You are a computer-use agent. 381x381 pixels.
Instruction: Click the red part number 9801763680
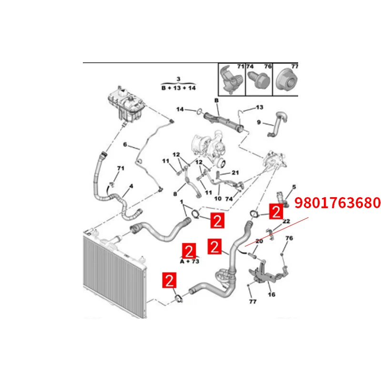point(338,203)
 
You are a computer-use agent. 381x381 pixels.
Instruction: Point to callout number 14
point(180,110)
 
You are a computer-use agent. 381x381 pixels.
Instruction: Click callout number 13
point(260,107)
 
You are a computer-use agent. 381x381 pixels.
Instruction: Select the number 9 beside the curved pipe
point(259,122)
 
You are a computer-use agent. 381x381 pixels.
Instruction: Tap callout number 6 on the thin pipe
point(125,144)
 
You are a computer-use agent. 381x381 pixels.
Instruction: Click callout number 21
point(235,172)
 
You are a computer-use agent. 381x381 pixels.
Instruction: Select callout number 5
point(294,187)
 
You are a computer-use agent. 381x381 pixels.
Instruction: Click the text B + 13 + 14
point(179,88)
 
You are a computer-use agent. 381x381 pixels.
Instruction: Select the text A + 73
point(189,261)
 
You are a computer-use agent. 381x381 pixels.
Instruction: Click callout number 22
point(286,221)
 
